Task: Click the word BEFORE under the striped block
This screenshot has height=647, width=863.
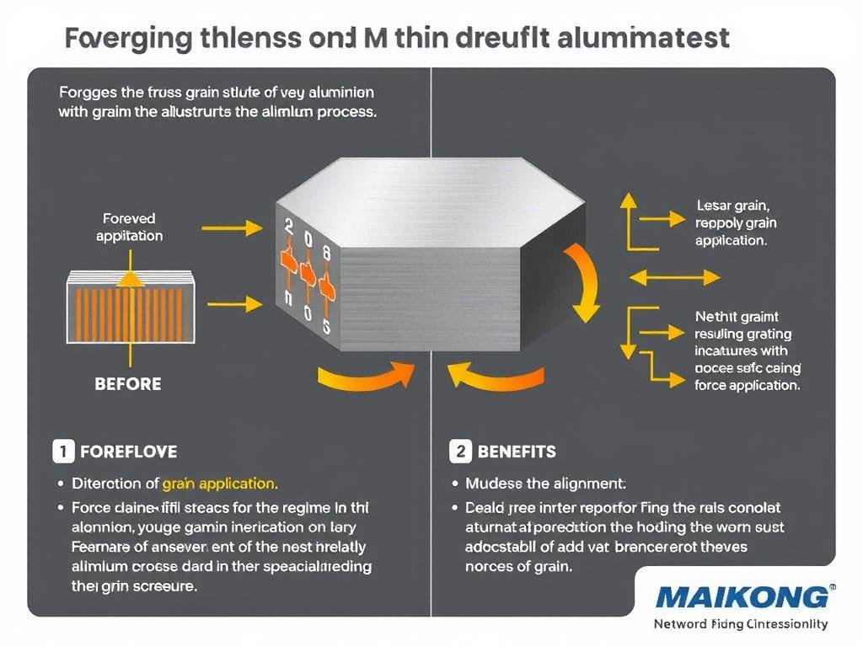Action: click(128, 383)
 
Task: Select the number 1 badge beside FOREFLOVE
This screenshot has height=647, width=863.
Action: click(63, 452)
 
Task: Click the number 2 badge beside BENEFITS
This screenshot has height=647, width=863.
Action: click(460, 452)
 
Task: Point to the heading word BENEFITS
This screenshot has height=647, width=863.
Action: click(517, 452)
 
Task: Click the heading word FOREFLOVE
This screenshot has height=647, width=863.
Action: click(128, 452)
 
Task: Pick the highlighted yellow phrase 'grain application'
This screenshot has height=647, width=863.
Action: click(219, 484)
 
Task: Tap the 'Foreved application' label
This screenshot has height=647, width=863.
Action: click(129, 227)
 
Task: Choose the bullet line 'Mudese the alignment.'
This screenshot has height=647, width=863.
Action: click(545, 484)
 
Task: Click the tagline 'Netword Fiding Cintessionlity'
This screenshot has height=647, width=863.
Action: click(741, 624)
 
